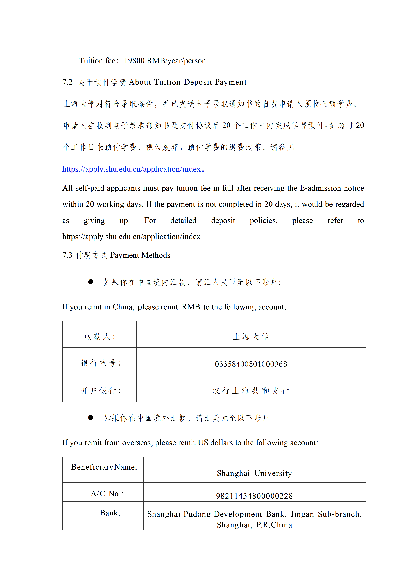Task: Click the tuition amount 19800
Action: pos(134,61)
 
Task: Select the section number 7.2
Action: pos(67,82)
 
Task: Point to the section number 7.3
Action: pos(67,255)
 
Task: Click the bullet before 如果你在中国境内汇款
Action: pos(90,282)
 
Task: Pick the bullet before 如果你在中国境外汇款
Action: pos(90,418)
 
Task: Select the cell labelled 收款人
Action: pos(100,337)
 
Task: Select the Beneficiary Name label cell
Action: pos(104,467)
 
